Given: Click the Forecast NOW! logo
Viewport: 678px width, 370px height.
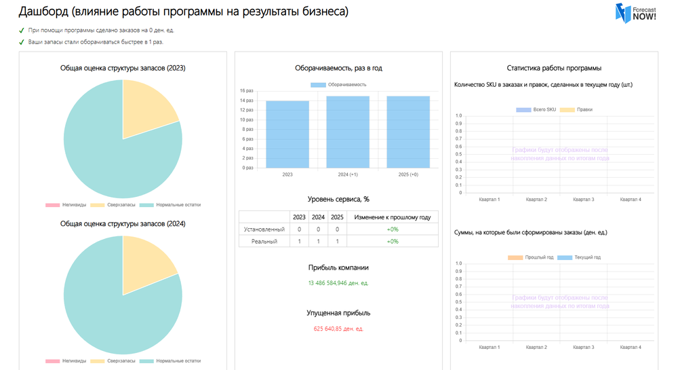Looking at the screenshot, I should [x=635, y=14].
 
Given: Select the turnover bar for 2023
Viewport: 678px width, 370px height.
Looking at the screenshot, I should [x=287, y=134].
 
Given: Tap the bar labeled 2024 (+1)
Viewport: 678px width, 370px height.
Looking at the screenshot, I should [x=348, y=132].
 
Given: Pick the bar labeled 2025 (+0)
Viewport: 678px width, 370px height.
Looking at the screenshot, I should [x=408, y=132].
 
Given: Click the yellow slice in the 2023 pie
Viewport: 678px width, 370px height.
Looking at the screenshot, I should [x=148, y=106].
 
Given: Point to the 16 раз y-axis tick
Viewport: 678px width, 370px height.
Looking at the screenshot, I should [x=246, y=91].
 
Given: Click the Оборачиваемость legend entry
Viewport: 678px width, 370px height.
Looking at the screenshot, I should [x=339, y=85].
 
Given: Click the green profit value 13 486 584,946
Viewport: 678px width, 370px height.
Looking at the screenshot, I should [x=338, y=283].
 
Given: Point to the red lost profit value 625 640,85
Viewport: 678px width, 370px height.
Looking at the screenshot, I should [x=338, y=329].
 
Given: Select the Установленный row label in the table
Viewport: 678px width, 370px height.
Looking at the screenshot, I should [x=264, y=229].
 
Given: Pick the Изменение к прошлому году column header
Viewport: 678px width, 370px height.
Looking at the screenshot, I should [x=393, y=217].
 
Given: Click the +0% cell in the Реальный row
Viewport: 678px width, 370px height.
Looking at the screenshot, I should [x=393, y=242].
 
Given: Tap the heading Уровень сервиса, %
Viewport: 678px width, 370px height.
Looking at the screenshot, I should [x=338, y=199].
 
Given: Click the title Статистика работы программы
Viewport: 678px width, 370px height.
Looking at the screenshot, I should [x=554, y=68].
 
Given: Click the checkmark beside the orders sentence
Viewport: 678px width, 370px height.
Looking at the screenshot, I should [x=22, y=31].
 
